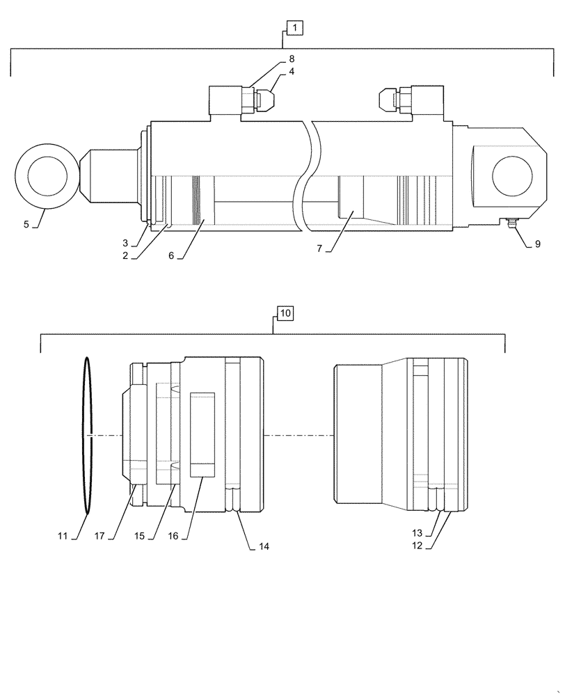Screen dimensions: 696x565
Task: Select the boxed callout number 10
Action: click(x=285, y=313)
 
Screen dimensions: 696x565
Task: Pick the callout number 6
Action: click(x=171, y=255)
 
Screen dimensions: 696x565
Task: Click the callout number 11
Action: click(x=62, y=536)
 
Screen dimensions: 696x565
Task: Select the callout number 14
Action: click(x=263, y=547)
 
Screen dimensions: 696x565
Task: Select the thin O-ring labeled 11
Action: click(x=88, y=436)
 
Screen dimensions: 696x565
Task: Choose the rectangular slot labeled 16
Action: click(x=202, y=434)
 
